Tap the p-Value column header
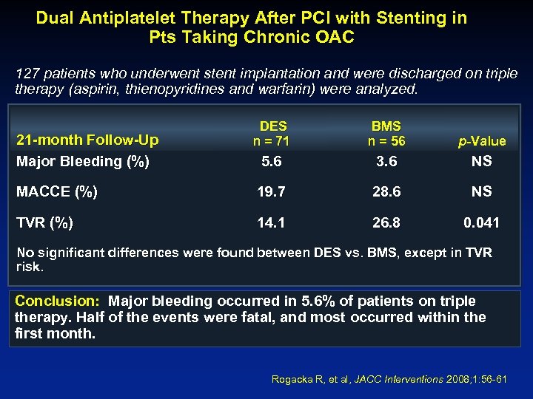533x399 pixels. [481, 141]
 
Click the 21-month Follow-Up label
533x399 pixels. [87, 140]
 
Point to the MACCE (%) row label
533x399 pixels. [56, 191]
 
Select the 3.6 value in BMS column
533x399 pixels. [386, 160]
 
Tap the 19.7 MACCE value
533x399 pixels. [272, 191]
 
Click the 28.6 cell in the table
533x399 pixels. [386, 191]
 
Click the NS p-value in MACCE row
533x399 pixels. [481, 191]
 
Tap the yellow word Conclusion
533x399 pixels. [57, 301]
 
